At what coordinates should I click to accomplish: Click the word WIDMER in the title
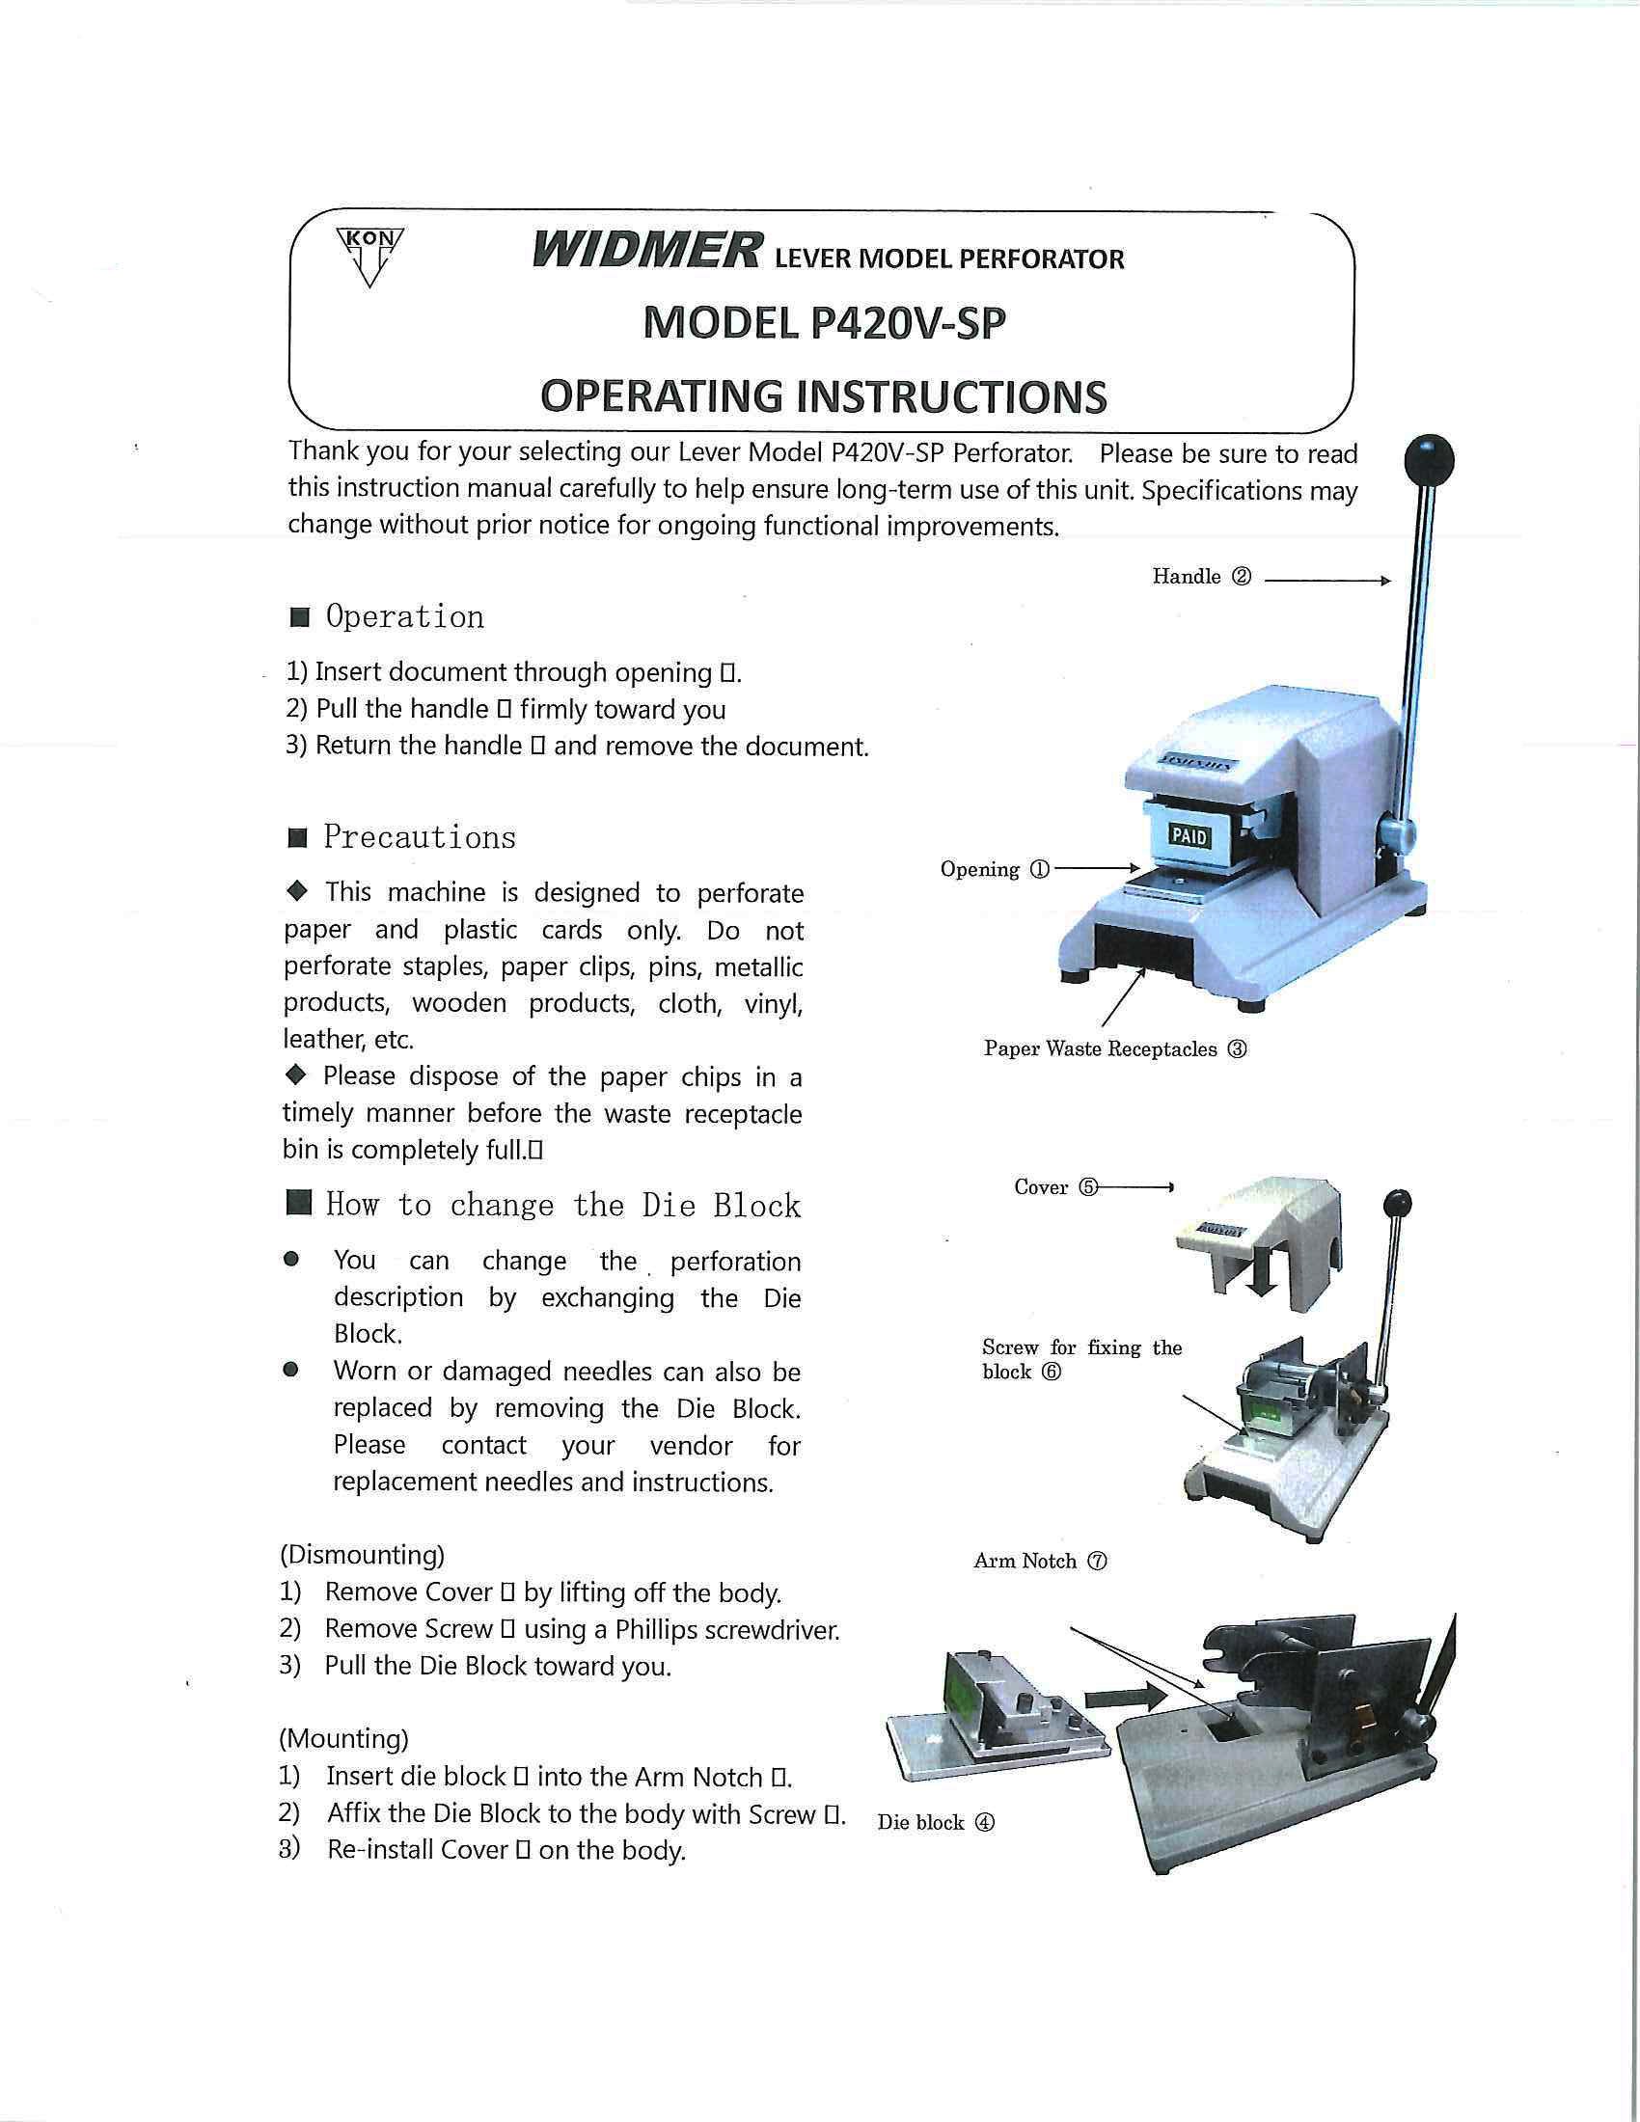647,251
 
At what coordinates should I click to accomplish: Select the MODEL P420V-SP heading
824,322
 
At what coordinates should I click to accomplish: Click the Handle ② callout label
1201,577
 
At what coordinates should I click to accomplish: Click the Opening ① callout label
994,870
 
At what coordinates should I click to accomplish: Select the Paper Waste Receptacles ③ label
1114,1049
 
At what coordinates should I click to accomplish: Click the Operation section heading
404,617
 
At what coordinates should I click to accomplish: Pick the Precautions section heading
419,836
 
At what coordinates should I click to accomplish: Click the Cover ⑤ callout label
1055,1187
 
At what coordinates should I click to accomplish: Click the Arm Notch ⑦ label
1040,1562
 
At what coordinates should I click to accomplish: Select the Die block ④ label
935,1823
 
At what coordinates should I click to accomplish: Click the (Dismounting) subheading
362,1555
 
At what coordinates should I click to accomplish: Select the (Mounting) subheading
344,1738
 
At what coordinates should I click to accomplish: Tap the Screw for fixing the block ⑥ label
1080,1359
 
